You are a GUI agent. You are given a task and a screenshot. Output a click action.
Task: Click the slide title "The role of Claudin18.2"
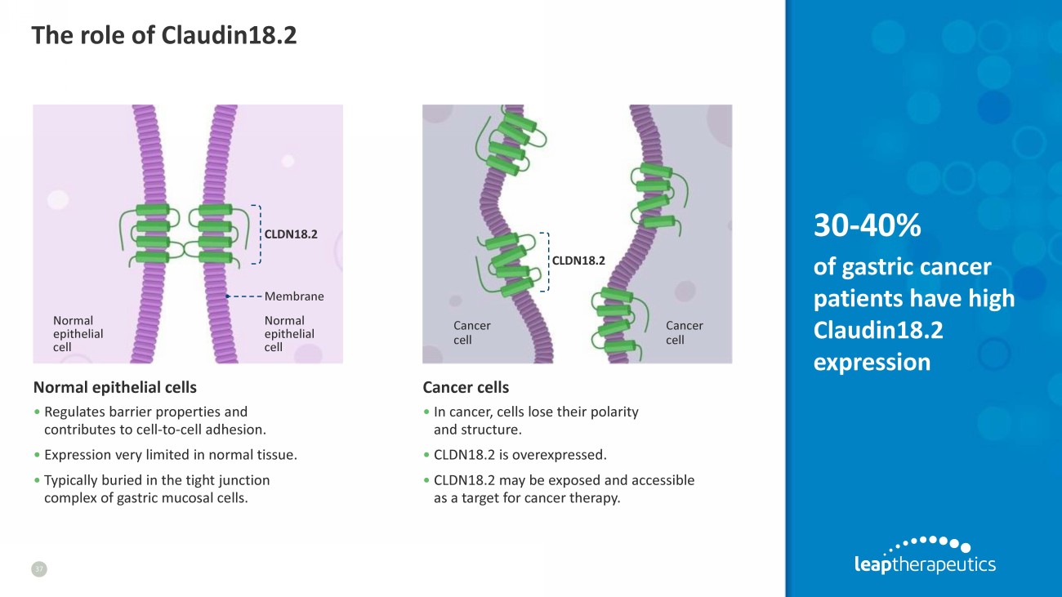click(x=163, y=35)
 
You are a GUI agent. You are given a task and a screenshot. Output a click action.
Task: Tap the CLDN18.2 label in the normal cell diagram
click(x=290, y=234)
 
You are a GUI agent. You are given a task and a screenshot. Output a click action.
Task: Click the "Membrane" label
click(x=294, y=296)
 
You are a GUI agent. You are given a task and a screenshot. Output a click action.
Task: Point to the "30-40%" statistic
click(x=867, y=226)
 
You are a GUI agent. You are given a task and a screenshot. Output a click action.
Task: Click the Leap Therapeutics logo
click(x=924, y=555)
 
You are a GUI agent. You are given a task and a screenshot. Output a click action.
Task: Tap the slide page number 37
click(x=39, y=569)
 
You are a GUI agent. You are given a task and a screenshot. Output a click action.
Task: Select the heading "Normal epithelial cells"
click(x=114, y=386)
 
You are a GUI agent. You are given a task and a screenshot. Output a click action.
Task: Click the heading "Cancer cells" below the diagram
click(x=466, y=386)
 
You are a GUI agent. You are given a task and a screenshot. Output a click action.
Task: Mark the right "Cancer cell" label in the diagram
click(x=684, y=332)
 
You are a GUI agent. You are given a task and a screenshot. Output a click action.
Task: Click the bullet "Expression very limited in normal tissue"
click(x=170, y=454)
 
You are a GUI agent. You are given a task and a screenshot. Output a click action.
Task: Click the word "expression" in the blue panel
click(x=872, y=361)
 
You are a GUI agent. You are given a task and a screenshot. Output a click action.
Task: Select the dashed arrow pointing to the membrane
click(x=243, y=296)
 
